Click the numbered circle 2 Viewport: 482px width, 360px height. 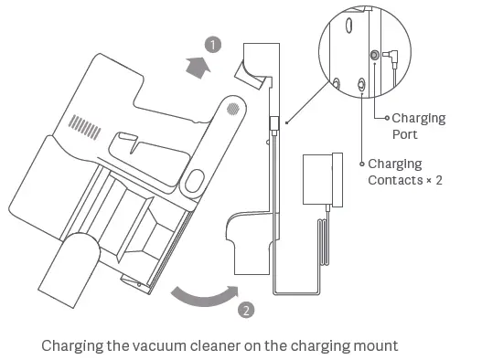click(246, 309)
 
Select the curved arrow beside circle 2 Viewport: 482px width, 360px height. click(201, 298)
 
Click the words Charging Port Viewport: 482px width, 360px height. click(418, 126)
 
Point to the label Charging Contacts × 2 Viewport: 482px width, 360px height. click(405, 172)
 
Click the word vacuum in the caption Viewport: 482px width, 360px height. click(164, 346)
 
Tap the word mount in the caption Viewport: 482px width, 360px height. click(373, 346)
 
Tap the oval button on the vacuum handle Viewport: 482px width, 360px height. click(193, 180)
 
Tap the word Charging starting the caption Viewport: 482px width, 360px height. click(73, 346)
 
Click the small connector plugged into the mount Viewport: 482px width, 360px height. click(273, 122)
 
